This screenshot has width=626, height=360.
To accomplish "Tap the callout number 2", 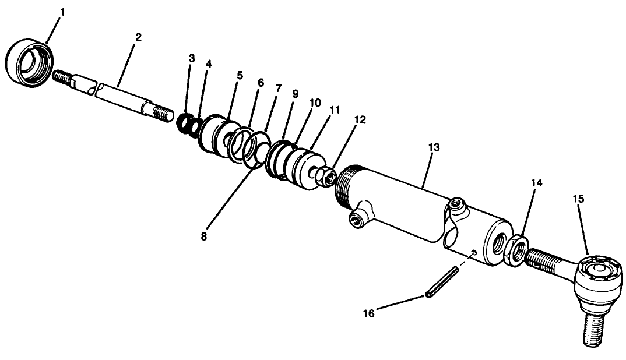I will [138, 37].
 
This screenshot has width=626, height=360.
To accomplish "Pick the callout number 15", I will [578, 199].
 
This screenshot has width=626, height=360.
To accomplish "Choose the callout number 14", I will [536, 183].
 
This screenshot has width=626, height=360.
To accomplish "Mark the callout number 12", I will [360, 119].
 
